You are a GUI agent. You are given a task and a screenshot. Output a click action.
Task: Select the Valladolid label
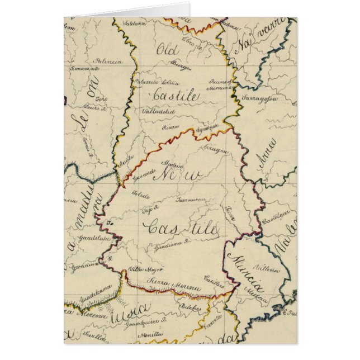click(158, 111)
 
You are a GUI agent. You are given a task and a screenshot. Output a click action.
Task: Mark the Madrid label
click(172, 164)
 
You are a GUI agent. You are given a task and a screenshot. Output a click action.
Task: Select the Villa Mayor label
click(141, 269)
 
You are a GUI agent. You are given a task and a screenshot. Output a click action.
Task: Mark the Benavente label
click(84, 69)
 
